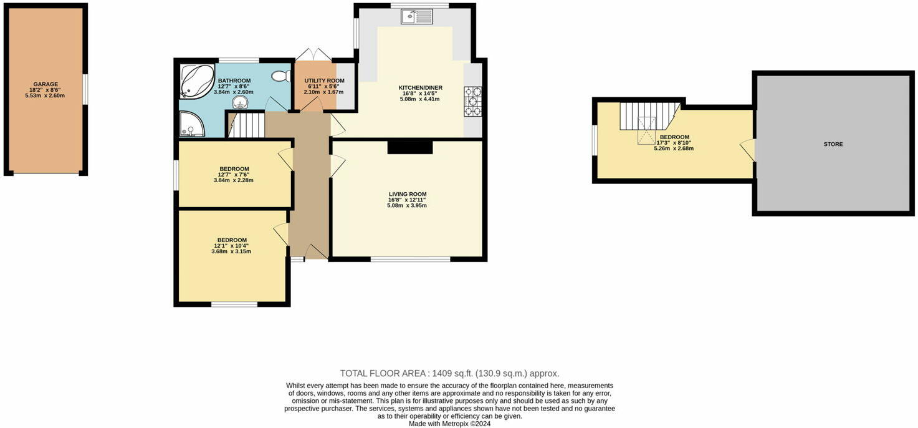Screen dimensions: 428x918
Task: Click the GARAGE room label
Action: [x=45, y=84]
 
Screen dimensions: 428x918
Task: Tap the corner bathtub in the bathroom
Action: [x=196, y=82]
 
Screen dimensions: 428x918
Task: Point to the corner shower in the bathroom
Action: [x=191, y=124]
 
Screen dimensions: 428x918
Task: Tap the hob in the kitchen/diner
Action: [x=472, y=101]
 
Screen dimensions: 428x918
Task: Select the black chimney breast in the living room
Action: [x=409, y=147]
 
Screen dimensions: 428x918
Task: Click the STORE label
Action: [x=833, y=144]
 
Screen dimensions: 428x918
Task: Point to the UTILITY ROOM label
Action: [x=323, y=81]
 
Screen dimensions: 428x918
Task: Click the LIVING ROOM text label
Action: [x=408, y=194]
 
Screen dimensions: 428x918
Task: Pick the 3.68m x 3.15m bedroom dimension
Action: [x=231, y=251]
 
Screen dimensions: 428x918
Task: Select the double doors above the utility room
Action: [x=314, y=55]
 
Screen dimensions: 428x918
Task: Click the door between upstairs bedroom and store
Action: [x=748, y=150]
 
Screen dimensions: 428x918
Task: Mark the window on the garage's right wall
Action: [x=85, y=89]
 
